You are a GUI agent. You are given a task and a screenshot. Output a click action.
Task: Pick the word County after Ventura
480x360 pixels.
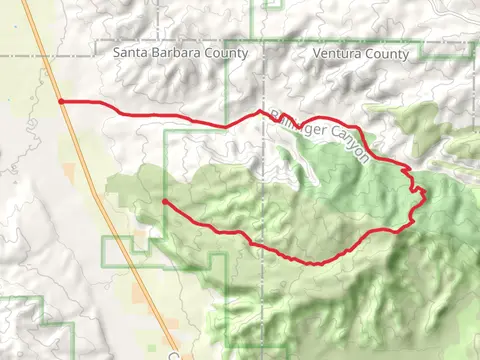click(x=385, y=53)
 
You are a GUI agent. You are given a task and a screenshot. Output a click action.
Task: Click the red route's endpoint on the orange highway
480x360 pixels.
click(x=62, y=101)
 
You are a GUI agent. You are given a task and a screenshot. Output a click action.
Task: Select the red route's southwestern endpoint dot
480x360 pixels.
click(x=164, y=202)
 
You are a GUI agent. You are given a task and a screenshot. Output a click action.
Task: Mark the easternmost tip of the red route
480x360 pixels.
click(x=426, y=190)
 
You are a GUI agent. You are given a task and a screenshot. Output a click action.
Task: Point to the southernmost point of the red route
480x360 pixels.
click(x=313, y=264)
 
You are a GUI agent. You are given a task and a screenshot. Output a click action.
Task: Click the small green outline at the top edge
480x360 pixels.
click(x=272, y=4)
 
